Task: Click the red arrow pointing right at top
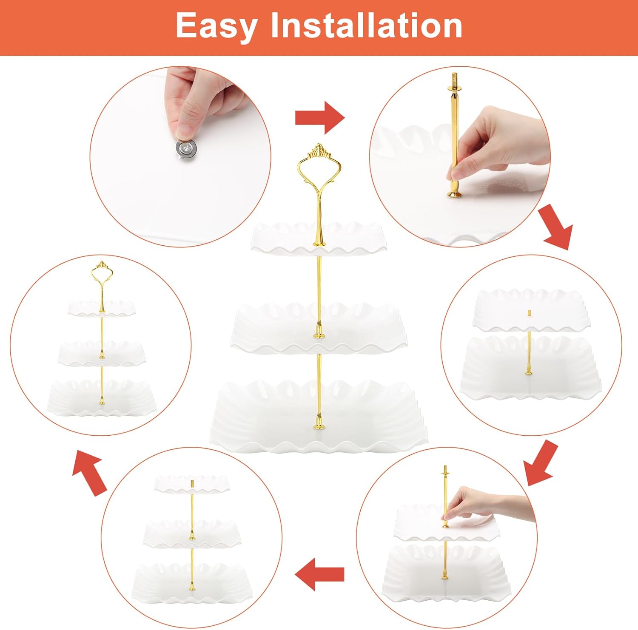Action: [x=320, y=118]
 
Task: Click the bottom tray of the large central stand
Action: [x=319, y=414]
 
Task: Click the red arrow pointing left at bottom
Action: [x=319, y=574]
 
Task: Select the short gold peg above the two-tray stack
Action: [x=529, y=313]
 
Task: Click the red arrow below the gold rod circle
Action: [x=556, y=227]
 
